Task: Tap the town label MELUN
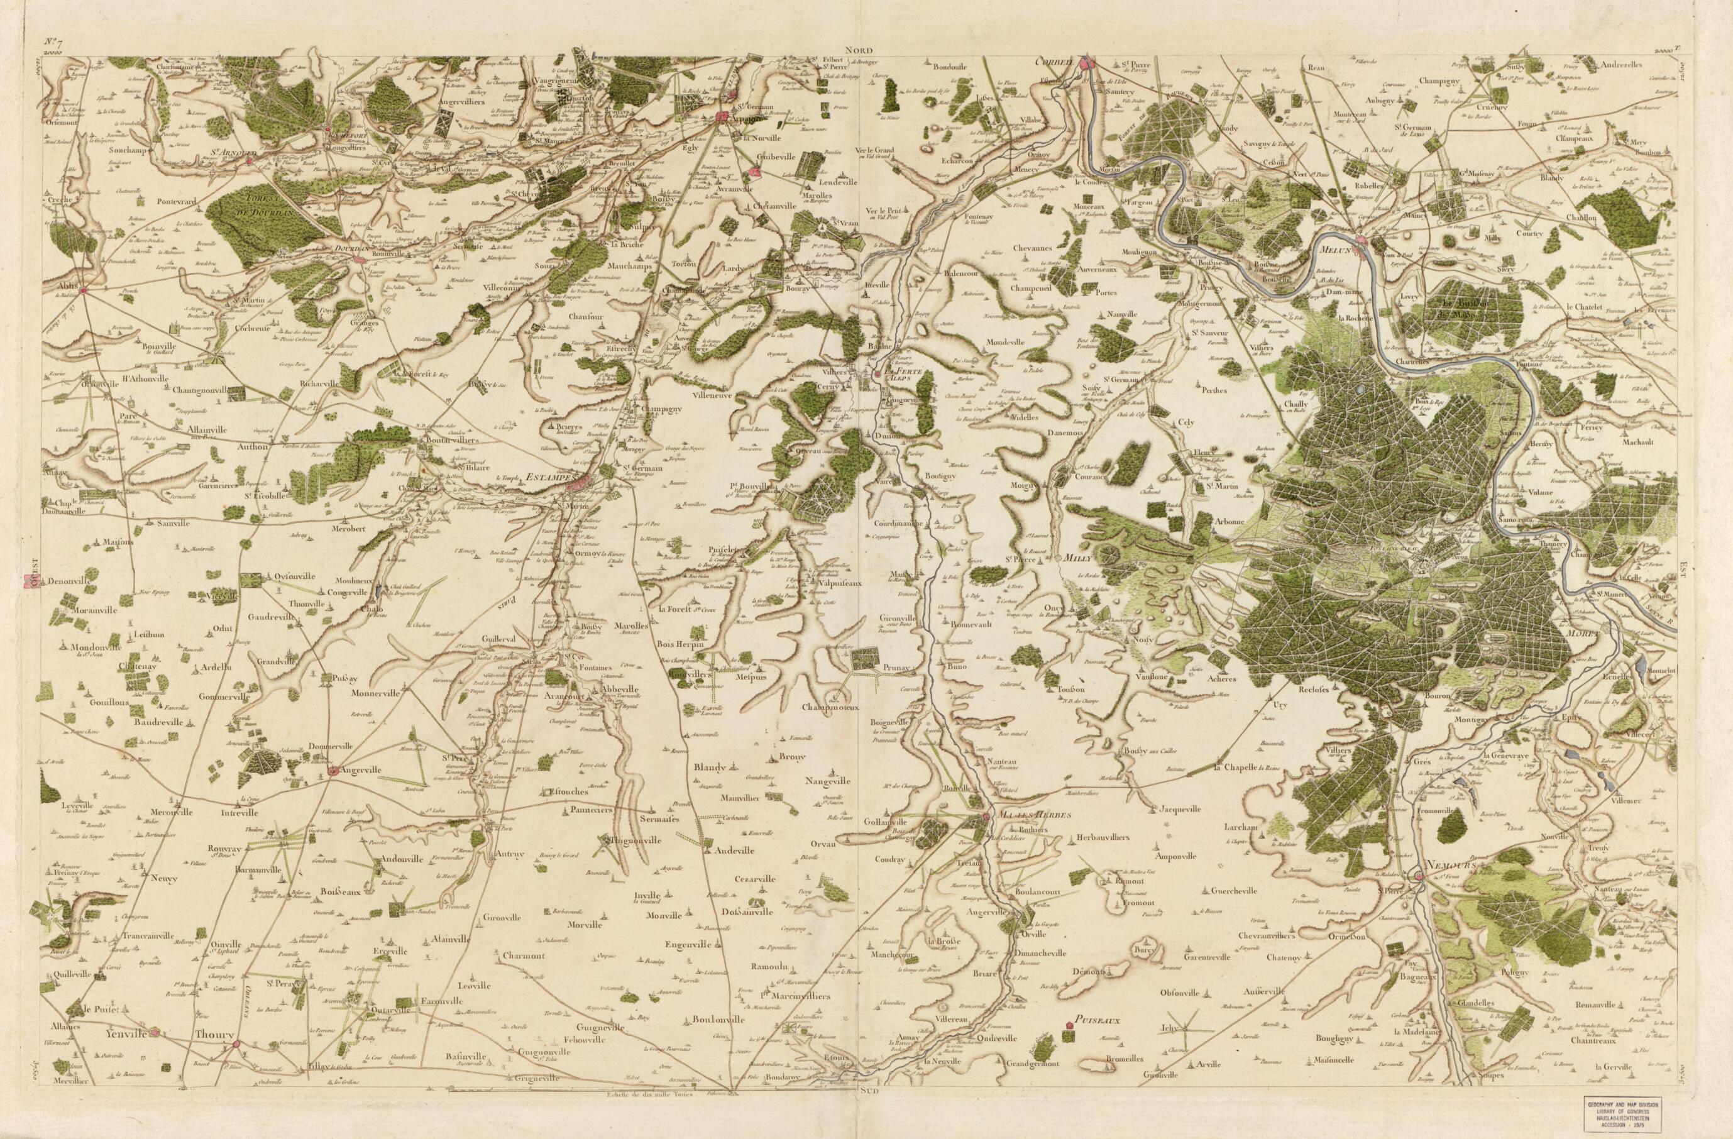click(1334, 250)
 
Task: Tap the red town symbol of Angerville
click(332, 771)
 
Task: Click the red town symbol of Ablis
click(84, 290)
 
